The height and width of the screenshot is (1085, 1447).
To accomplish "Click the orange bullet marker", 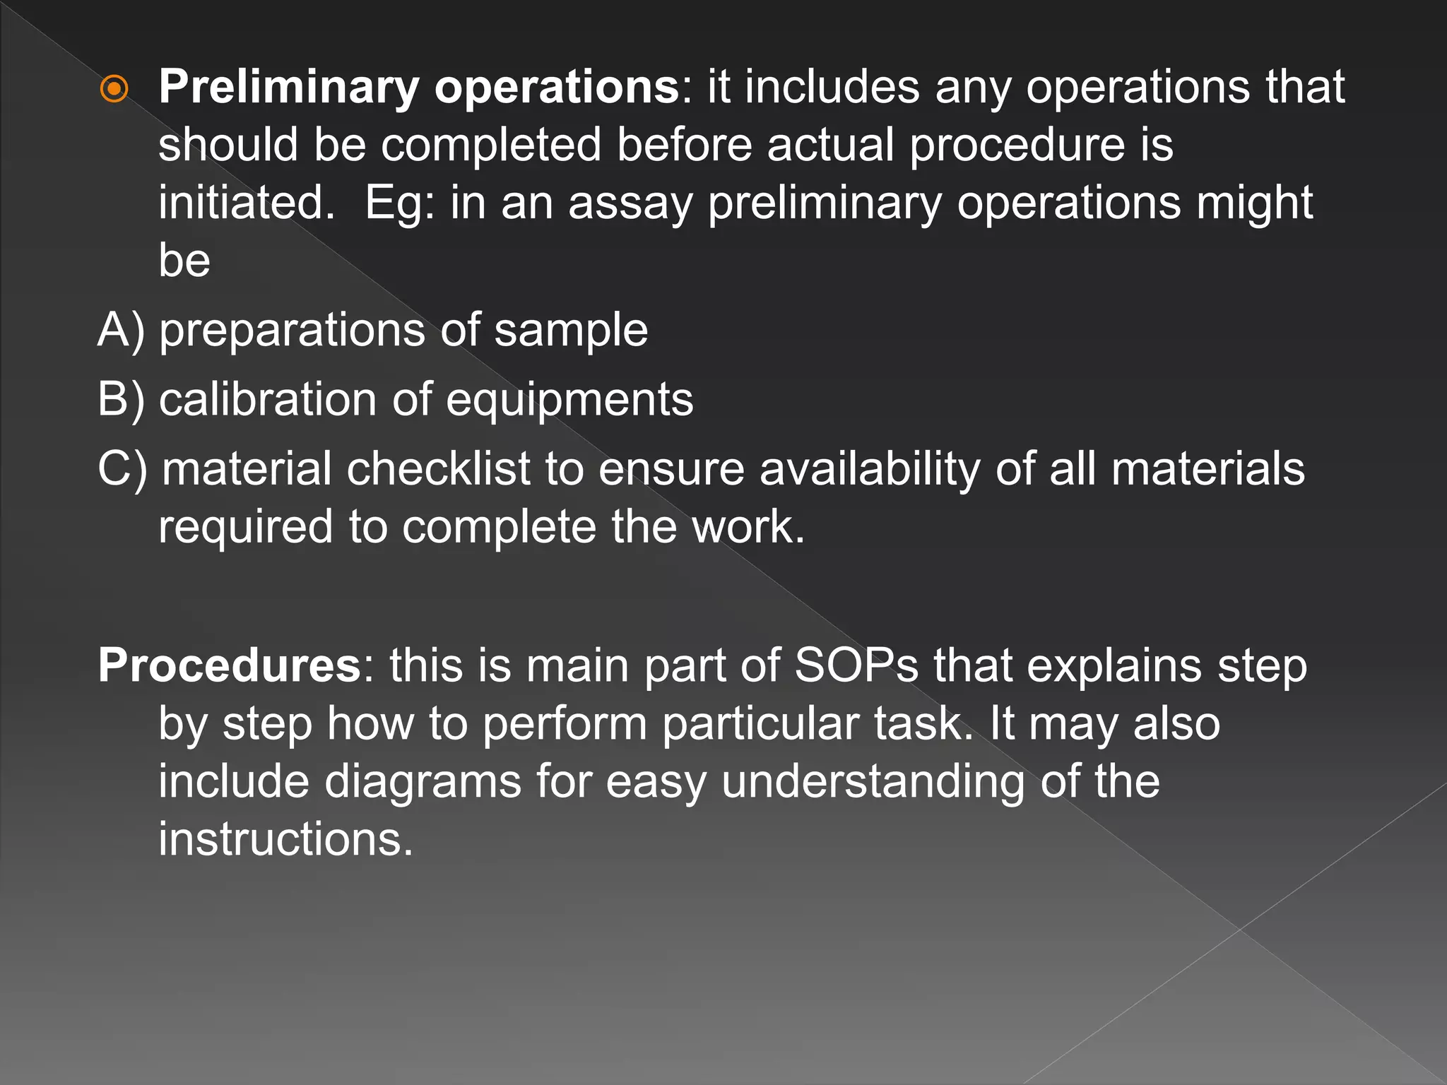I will click(x=114, y=89).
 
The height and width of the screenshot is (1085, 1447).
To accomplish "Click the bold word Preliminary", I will click(x=289, y=88).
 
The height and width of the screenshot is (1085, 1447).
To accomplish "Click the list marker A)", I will click(x=121, y=331).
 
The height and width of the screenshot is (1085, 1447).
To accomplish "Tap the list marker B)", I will click(x=121, y=400).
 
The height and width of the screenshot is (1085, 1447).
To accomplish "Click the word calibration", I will click(x=268, y=400).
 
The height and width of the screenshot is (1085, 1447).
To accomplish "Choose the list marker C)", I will click(x=122, y=469).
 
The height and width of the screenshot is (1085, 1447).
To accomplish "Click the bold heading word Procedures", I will click(x=230, y=665).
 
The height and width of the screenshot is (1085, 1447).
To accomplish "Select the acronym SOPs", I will click(x=856, y=665).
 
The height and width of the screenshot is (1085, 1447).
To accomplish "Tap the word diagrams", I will click(x=423, y=783).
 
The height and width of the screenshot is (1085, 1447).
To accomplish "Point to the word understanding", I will click(x=873, y=783).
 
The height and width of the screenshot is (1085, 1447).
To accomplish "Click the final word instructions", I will click(x=285, y=839).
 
